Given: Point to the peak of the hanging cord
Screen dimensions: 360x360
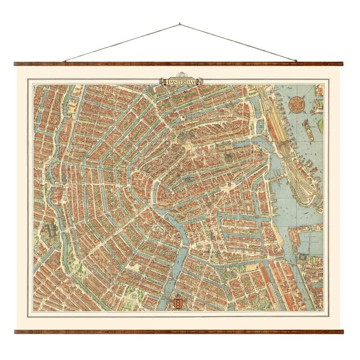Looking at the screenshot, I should pos(179,23).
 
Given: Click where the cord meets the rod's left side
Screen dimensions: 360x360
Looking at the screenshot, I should pos(64,61).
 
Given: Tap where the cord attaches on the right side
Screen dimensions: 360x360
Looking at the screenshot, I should pos(295,61).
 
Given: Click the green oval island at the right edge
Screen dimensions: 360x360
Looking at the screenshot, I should pos(320,125).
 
